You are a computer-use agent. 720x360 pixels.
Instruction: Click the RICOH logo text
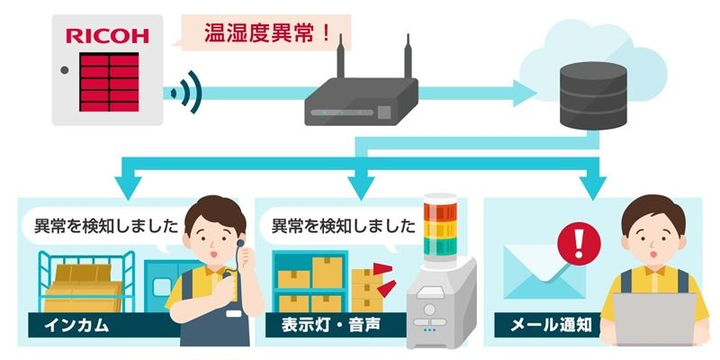(107, 36)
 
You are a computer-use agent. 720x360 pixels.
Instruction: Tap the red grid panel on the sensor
(109, 82)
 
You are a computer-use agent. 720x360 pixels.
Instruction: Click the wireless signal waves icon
(186, 93)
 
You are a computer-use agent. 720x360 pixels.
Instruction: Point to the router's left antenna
(340, 56)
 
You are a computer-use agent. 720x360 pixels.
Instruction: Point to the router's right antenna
(408, 56)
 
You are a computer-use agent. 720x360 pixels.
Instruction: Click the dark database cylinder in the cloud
(593, 95)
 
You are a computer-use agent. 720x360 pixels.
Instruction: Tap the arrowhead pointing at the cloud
(525, 94)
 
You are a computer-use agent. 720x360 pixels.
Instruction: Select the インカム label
(76, 325)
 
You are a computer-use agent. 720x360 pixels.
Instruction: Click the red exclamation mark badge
(579, 244)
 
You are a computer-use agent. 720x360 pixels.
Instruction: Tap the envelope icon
(544, 272)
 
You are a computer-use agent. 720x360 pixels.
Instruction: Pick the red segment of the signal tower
(440, 211)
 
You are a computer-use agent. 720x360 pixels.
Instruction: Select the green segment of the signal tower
(440, 247)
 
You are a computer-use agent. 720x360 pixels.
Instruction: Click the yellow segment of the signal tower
(440, 229)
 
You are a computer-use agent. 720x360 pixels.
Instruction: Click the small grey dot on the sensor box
(65, 70)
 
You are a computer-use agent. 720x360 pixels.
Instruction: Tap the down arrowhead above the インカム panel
(128, 187)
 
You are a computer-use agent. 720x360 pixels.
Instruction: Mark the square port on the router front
(384, 112)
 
